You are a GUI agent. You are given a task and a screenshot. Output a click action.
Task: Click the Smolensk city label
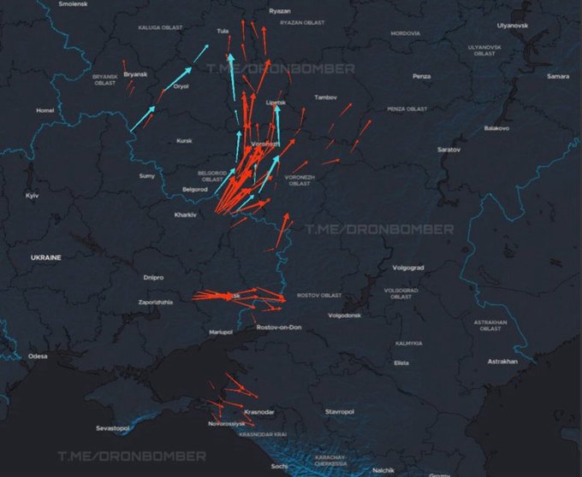(73, 4)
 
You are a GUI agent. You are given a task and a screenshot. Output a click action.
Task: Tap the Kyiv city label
(33, 196)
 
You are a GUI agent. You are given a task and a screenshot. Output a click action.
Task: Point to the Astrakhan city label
(502, 362)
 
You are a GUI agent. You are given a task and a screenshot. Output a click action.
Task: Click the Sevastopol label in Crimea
(112, 427)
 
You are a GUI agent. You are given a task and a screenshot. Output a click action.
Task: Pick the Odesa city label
(38, 356)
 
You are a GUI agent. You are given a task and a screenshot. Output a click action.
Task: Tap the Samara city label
(558, 76)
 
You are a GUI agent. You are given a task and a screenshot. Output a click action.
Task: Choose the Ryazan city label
(280, 11)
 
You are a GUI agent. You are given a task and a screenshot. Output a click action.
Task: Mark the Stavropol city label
(340, 412)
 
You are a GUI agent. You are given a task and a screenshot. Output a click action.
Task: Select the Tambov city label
(326, 97)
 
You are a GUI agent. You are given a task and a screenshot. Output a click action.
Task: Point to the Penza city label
(421, 76)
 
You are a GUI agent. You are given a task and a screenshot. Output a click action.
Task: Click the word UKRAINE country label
(46, 256)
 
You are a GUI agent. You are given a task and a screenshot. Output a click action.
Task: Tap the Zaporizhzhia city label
(155, 302)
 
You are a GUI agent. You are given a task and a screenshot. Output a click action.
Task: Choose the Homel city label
(45, 110)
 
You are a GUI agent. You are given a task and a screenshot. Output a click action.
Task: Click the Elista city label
(401, 363)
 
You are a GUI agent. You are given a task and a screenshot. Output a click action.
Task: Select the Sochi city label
(280, 466)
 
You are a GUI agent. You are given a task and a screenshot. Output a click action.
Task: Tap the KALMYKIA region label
(409, 343)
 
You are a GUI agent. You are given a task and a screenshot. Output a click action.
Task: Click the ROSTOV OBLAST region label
(319, 295)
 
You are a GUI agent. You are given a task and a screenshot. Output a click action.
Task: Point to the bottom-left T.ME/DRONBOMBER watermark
(132, 456)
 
